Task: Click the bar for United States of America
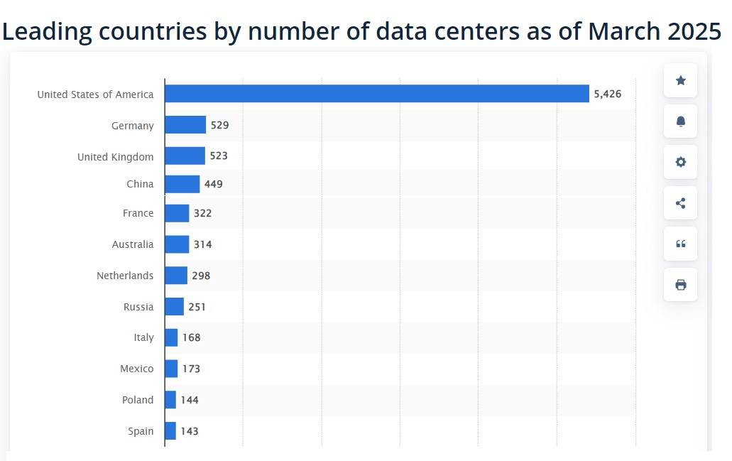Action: pos(376,94)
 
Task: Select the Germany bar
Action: pos(185,125)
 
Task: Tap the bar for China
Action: pos(182,184)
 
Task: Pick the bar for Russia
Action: pos(174,307)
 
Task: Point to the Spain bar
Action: pos(170,430)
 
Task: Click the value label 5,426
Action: pos(607,94)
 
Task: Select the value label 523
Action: pos(219,156)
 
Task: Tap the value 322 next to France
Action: pos(202,213)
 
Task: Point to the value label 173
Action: pos(191,369)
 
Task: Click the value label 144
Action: pos(190,400)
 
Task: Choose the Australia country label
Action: pos(132,244)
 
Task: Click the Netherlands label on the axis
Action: pos(125,276)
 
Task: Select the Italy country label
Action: pos(143,337)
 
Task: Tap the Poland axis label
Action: pos(137,400)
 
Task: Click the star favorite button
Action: pos(680,80)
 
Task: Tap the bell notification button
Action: pos(680,121)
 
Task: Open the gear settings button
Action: pos(680,162)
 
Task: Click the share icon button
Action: pos(680,203)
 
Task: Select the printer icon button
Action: pos(680,285)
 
